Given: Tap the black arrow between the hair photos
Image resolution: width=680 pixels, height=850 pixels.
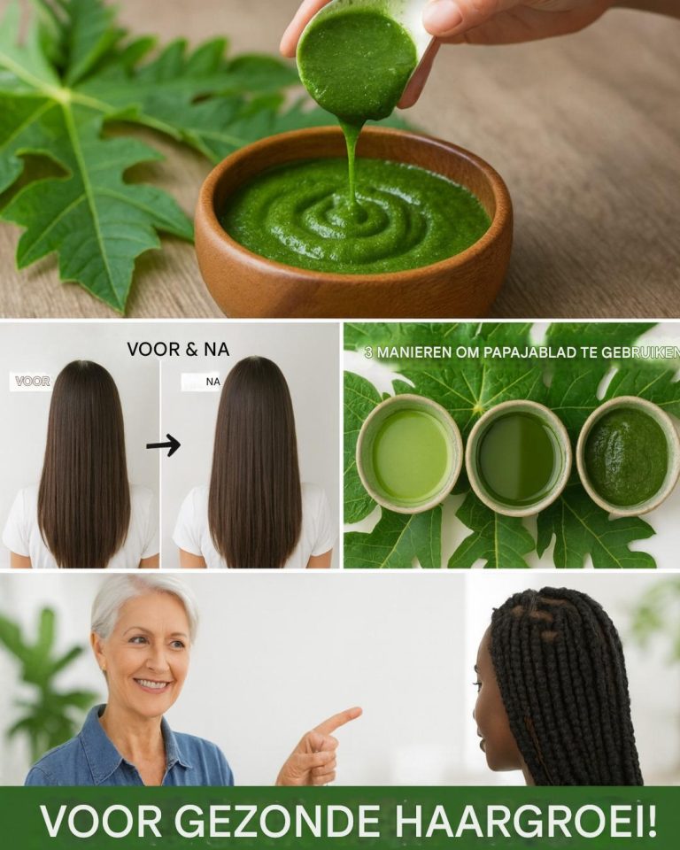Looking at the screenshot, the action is click(164, 445).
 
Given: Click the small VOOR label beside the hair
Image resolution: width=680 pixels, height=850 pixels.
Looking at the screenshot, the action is click(33, 381).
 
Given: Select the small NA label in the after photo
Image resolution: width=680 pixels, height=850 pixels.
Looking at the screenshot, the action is click(213, 382).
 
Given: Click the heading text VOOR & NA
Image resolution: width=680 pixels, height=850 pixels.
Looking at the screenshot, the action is click(178, 350).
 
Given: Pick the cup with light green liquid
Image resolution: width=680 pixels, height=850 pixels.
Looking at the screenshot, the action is click(409, 453).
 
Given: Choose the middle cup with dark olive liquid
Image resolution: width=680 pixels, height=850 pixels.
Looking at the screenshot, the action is click(519, 458).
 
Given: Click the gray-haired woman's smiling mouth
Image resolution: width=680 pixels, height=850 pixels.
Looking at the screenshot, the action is click(151, 684).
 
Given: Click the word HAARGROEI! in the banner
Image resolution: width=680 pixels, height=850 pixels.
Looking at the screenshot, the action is click(525, 822).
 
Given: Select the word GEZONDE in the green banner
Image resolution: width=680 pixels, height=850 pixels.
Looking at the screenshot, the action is click(276, 822).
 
